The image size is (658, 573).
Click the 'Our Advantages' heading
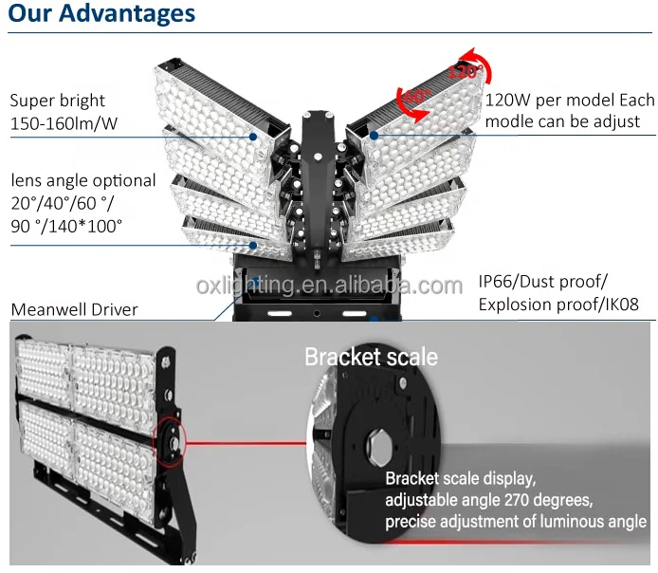(x=101, y=13)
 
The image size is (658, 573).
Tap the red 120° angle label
(x=465, y=71)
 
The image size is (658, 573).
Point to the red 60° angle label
(x=417, y=96)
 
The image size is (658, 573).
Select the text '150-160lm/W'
(x=64, y=124)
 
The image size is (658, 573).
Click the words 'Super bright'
(x=58, y=101)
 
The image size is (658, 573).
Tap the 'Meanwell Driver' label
(x=74, y=310)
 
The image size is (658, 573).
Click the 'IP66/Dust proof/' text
(x=542, y=281)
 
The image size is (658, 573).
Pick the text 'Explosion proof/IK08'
(x=558, y=305)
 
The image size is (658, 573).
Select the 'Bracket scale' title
(x=371, y=358)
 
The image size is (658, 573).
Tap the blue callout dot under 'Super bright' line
(x=253, y=137)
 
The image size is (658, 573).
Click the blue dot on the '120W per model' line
(x=374, y=135)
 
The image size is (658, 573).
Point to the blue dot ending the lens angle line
(x=253, y=245)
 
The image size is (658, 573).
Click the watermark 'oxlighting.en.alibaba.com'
(x=329, y=286)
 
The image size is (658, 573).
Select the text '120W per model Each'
(x=570, y=100)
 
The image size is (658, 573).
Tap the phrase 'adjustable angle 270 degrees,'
(x=489, y=500)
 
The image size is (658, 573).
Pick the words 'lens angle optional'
(x=83, y=180)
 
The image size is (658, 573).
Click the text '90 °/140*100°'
(x=66, y=227)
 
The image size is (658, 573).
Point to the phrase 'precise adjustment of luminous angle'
(x=516, y=522)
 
